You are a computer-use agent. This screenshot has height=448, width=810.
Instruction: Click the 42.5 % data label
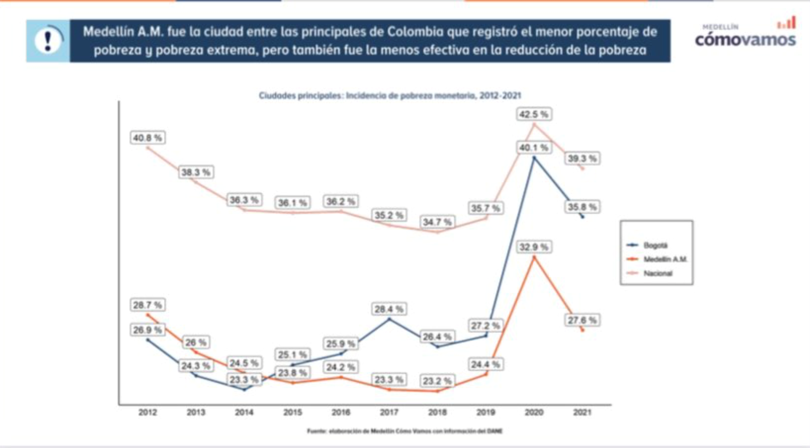click(533, 114)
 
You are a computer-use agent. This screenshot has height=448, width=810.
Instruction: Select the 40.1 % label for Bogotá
click(533, 147)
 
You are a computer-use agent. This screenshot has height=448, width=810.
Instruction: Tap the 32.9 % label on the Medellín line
click(533, 247)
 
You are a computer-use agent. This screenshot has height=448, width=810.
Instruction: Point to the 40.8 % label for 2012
click(147, 138)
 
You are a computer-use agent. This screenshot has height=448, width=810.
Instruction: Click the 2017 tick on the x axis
click(389, 412)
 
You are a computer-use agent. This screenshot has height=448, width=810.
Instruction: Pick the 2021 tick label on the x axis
click(582, 412)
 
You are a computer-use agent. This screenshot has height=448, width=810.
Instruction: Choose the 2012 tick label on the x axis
click(147, 412)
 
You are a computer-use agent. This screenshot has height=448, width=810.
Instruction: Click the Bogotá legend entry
click(655, 245)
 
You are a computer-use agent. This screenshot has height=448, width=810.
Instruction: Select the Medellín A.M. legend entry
click(665, 259)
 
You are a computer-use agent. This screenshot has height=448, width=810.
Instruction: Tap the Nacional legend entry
click(657, 273)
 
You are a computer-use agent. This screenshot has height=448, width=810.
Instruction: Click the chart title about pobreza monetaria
click(389, 96)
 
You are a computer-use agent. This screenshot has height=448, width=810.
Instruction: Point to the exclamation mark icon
click(48, 41)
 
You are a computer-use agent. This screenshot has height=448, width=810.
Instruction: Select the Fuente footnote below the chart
click(405, 431)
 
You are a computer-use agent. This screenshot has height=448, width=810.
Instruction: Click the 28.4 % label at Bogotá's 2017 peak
click(389, 309)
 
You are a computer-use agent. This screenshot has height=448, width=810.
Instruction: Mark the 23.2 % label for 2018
click(437, 381)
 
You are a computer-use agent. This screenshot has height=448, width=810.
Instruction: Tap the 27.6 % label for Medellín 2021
click(582, 320)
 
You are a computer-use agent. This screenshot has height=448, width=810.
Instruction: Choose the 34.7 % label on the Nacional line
click(437, 222)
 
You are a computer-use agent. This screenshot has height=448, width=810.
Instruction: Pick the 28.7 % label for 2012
click(147, 305)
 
